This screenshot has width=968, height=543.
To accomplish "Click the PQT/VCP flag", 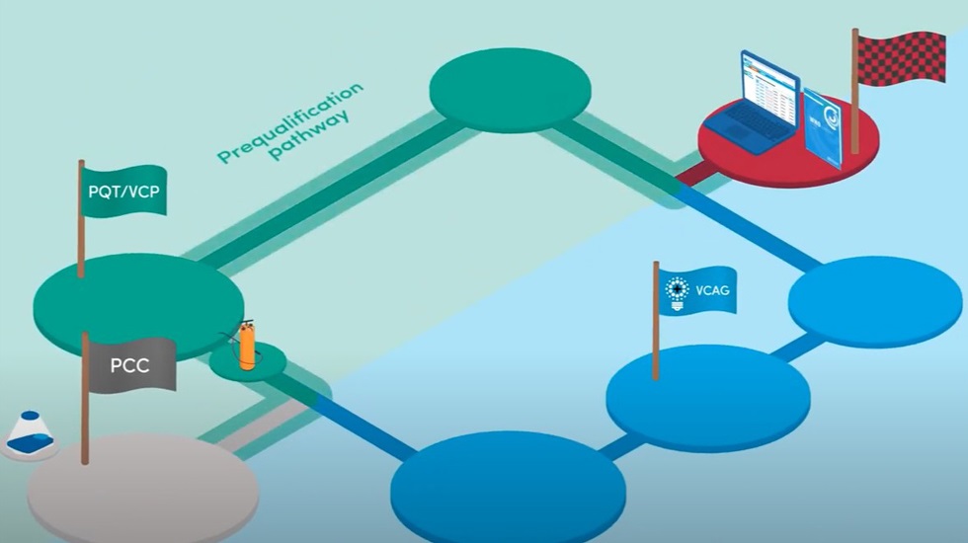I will (x=123, y=191).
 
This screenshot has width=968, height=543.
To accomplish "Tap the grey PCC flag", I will (x=131, y=364).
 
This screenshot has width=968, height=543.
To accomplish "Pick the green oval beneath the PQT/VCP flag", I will (x=138, y=296).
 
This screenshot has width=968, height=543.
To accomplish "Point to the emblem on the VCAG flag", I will (x=677, y=290).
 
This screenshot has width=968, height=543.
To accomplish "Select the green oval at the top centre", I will (x=510, y=90).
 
